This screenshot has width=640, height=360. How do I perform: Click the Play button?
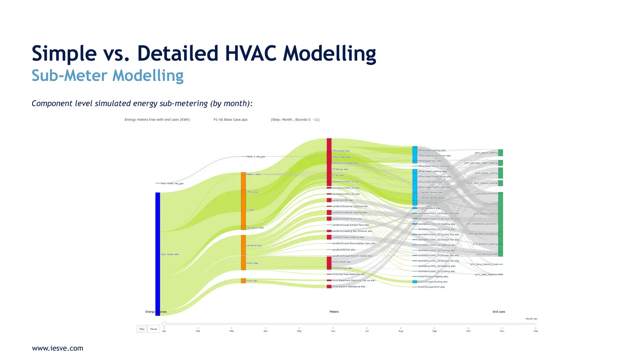[x=142, y=329]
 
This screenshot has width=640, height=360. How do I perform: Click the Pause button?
[x=153, y=329]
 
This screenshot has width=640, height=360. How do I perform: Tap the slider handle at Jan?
[x=164, y=324]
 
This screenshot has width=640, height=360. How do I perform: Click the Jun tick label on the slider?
[x=333, y=331]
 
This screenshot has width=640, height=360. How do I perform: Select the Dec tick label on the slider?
[x=536, y=331]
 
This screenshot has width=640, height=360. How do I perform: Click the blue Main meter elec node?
[x=158, y=254]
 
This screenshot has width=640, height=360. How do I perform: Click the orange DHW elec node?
[x=243, y=281]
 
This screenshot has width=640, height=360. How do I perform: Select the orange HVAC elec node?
[x=243, y=263]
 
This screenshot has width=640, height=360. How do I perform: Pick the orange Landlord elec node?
[x=243, y=245]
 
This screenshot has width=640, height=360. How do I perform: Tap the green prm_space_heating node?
[x=500, y=152]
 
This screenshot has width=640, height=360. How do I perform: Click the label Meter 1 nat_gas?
[x=256, y=157]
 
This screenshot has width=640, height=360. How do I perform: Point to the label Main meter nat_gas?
[x=172, y=183]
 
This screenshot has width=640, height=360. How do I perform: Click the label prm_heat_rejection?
[x=486, y=274]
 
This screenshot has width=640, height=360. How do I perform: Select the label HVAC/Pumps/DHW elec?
[x=431, y=287]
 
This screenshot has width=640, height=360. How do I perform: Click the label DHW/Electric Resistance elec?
[x=348, y=287]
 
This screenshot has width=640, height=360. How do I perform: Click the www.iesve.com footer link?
[x=57, y=348]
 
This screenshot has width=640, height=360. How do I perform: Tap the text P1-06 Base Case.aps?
[x=230, y=119]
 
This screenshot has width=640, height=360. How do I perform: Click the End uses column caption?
[x=499, y=312]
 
